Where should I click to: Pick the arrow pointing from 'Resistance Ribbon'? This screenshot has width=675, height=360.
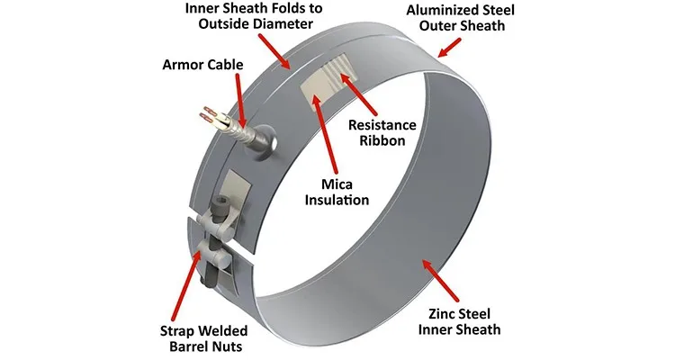352,95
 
